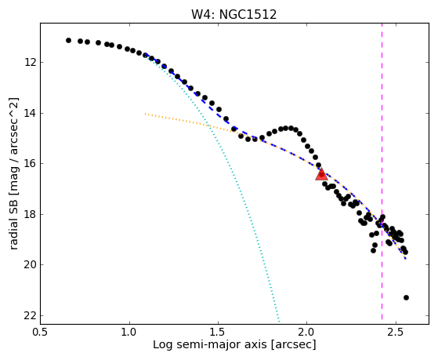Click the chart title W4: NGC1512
(x=233, y=15)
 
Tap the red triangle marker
(x=321, y=174)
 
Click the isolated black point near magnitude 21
(x=406, y=297)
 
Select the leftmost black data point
(x=68, y=40)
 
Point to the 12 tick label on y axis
(x=30, y=62)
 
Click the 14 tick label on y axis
(x=30, y=113)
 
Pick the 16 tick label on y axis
(x=30, y=163)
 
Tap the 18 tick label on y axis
(x=30, y=214)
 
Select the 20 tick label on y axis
(x=30, y=264)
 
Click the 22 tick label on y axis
(x=30, y=315)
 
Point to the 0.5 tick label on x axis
(x=41, y=333)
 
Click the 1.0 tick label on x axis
(x=129, y=333)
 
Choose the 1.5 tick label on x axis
(x=218, y=333)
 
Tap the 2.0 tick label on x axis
(x=306, y=333)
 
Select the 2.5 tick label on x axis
(x=396, y=333)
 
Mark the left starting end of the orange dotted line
(x=145, y=114)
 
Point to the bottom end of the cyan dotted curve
(x=278, y=321)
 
